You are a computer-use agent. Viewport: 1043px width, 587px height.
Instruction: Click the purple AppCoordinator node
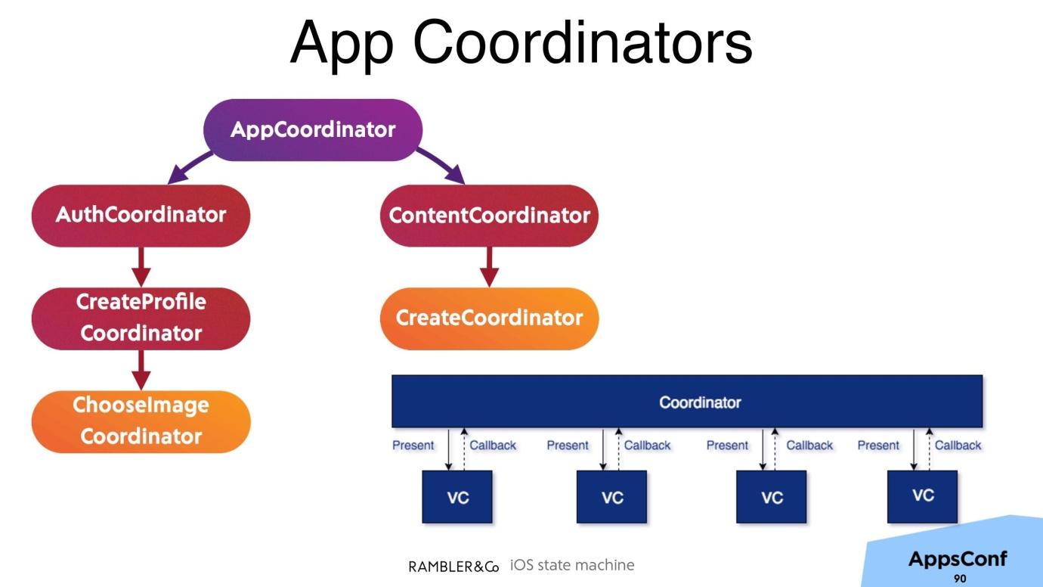click(x=313, y=130)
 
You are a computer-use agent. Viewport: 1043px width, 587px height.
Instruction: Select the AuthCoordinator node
click(x=141, y=216)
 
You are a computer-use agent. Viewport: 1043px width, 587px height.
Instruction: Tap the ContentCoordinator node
click(x=489, y=216)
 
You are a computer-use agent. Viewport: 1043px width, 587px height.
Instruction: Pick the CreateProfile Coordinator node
click(x=141, y=318)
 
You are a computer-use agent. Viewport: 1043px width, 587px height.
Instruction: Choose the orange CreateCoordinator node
click(x=489, y=318)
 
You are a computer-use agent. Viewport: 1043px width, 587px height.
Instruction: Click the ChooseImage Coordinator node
click(x=141, y=421)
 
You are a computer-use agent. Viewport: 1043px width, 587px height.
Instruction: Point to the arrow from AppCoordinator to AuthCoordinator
click(x=189, y=167)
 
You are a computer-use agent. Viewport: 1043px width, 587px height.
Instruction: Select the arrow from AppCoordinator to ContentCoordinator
click(x=441, y=166)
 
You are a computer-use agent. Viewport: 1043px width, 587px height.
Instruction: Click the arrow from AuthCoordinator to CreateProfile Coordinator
click(x=141, y=267)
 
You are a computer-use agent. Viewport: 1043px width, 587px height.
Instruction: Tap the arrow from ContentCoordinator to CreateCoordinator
click(x=489, y=267)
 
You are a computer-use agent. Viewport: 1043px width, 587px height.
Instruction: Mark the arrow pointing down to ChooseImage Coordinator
click(x=141, y=370)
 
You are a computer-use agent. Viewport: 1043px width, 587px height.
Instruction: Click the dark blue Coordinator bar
click(x=687, y=401)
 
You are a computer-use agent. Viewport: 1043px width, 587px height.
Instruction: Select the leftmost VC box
click(x=457, y=497)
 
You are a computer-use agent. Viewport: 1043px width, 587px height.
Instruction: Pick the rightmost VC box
click(x=922, y=497)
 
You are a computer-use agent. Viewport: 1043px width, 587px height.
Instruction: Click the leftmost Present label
click(x=413, y=446)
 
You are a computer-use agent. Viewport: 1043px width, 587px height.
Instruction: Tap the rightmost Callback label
click(x=958, y=446)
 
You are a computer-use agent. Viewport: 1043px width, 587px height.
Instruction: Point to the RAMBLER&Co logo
click(x=453, y=567)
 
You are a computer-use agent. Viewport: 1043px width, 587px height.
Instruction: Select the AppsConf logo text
click(x=958, y=558)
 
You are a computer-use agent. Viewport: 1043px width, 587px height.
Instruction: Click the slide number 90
click(x=960, y=579)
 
